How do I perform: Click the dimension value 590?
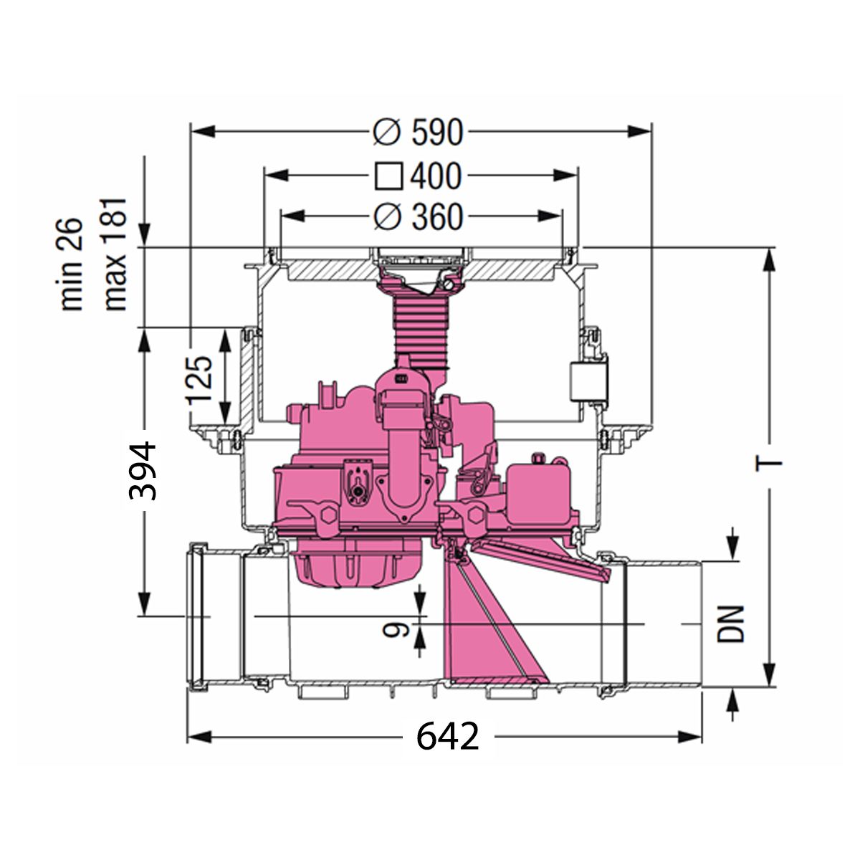tap(437, 133)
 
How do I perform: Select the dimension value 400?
tap(436, 176)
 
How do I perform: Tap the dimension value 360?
tap(437, 217)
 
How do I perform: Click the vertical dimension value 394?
tap(143, 470)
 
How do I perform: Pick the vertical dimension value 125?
tap(199, 381)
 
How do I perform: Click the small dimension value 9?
tap(396, 629)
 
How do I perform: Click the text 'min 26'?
tap(72, 264)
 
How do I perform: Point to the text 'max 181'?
tap(115, 254)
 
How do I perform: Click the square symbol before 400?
tap(388, 177)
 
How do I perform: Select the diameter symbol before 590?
tap(386, 133)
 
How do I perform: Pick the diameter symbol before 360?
tap(386, 217)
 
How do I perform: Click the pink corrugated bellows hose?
tap(421, 333)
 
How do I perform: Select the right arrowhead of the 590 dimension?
tap(639, 132)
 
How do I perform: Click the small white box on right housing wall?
tap(588, 381)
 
